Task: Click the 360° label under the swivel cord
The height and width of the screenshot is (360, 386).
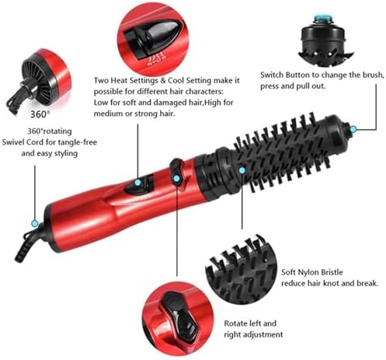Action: [40, 114]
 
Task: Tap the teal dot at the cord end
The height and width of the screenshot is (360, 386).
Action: [35, 223]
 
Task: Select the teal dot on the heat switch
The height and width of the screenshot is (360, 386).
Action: [138, 183]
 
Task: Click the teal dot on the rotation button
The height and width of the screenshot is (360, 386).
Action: [176, 178]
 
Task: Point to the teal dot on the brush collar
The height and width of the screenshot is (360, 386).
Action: [242, 170]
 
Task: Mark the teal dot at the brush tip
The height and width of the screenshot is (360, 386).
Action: [353, 129]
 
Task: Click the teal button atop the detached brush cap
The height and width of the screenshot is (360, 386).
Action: [322, 18]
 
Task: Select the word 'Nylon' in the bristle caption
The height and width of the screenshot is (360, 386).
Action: [309, 272]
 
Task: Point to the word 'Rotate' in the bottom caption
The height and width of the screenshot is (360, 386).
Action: [235, 323]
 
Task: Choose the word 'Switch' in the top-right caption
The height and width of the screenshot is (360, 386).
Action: [272, 75]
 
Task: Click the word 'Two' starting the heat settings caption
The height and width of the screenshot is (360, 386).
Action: [101, 80]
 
